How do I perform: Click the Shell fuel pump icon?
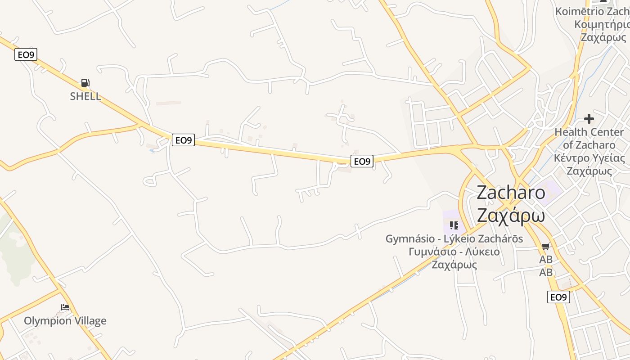coord(85,83)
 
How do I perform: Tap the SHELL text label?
coord(85,96)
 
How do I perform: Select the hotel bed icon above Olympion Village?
coord(65,308)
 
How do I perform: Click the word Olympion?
coord(48,321)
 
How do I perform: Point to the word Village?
coord(90,321)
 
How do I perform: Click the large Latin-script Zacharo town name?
coord(511,193)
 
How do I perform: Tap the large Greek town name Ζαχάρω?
coord(511,216)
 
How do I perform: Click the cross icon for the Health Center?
coord(589,119)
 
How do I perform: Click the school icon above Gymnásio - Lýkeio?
coord(454,225)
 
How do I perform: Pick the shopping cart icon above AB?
coord(546,247)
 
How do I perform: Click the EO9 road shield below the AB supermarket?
coord(558,297)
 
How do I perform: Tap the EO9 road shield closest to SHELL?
coord(26,55)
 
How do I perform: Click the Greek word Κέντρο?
coord(571,158)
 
